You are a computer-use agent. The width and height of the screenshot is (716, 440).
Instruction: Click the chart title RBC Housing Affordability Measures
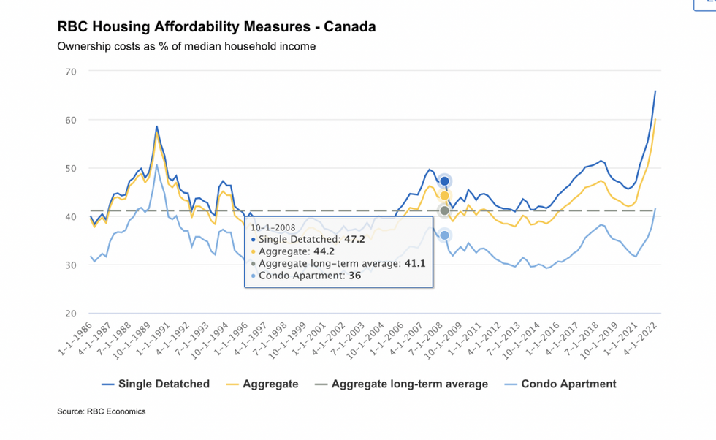[x=216, y=27]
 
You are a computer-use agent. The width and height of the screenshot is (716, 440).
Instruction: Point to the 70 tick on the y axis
[x=71, y=72]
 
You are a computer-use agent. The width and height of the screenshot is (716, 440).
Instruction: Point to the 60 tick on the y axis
[x=71, y=120]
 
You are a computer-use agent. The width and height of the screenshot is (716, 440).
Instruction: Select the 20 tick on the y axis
[x=71, y=314]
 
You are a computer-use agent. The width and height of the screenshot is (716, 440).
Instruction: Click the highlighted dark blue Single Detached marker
[x=444, y=181]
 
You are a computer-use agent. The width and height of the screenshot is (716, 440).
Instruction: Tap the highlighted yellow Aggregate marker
[x=444, y=195]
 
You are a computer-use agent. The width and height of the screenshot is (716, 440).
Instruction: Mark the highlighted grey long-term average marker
[x=444, y=210]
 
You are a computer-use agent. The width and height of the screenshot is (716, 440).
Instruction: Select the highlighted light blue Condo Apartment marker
[x=444, y=235]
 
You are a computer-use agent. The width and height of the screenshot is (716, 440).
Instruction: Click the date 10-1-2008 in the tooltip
[x=273, y=227]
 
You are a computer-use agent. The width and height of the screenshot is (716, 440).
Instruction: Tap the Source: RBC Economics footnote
[x=102, y=411]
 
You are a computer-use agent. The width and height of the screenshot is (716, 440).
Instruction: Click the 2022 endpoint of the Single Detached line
[x=655, y=91]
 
